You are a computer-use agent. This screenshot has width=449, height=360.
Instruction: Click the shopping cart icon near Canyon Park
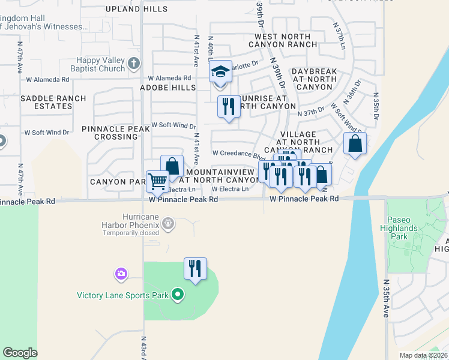pyautogui.click(x=157, y=180)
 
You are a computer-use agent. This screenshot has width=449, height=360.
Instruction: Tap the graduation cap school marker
pyautogui.click(x=220, y=71)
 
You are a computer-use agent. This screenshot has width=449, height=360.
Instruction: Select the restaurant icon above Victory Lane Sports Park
pyautogui.click(x=195, y=268)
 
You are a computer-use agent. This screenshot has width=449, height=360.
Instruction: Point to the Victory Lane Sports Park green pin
pyautogui.click(x=177, y=295)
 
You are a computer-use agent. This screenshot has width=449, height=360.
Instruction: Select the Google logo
pyautogui.click(x=20, y=353)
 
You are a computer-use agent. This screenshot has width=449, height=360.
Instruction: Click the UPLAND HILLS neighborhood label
pyautogui.click(x=137, y=10)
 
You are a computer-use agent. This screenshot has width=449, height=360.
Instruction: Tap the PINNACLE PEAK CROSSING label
pyautogui.click(x=116, y=133)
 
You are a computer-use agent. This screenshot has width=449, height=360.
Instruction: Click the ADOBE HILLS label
pyautogui.click(x=168, y=88)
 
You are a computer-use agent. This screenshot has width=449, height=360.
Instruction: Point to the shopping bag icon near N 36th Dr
pyautogui.click(x=355, y=144)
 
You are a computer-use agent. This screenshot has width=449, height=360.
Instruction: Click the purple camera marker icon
pyautogui.click(x=121, y=274)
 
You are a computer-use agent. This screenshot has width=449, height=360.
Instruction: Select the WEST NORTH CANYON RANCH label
pyautogui.click(x=282, y=40)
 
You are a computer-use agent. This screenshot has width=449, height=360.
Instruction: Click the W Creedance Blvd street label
pyautogui.click(x=238, y=154)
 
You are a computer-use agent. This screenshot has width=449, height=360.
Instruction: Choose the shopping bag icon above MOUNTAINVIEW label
pyautogui.click(x=172, y=166)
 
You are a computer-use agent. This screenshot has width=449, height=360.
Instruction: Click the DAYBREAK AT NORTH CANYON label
pyautogui.click(x=315, y=79)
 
